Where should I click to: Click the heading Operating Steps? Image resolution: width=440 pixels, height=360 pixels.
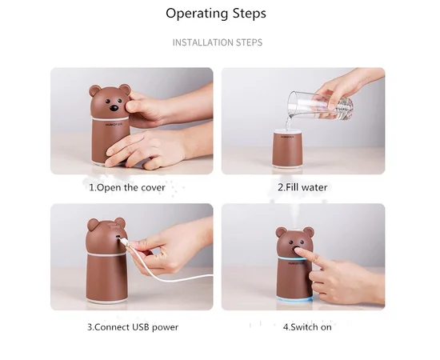pyautogui.click(x=216, y=14)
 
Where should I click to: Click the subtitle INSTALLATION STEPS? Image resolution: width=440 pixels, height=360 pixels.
pyautogui.click(x=217, y=42)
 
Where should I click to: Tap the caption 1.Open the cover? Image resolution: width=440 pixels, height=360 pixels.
pyautogui.click(x=126, y=187)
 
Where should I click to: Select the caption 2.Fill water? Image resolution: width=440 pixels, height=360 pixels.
pyautogui.click(x=302, y=187)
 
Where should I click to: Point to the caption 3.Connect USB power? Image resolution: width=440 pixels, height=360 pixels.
pyautogui.click(x=133, y=327)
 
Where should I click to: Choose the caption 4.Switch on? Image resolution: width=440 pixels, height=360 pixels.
pyautogui.click(x=307, y=327)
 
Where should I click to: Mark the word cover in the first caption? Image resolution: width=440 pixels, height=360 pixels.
pyautogui.click(x=151, y=187)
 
